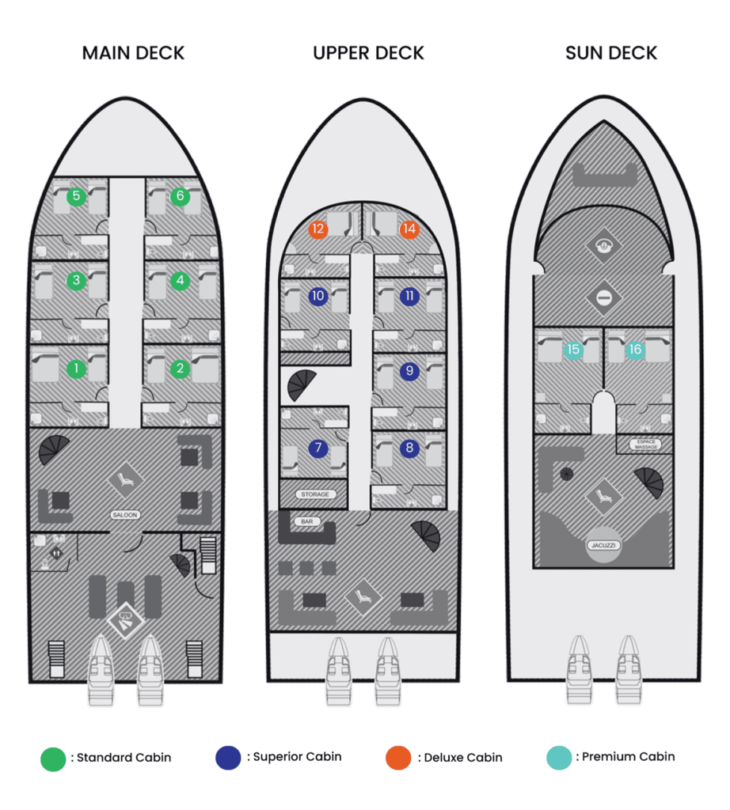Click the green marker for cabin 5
(76, 196)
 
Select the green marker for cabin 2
(180, 368)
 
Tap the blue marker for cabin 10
(318, 297)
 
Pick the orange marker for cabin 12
(318, 230)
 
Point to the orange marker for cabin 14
(409, 230)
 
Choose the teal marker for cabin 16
(634, 349)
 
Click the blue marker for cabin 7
(318, 449)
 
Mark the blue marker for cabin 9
(409, 369)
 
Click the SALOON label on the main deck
(125, 515)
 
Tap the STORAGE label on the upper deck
(314, 494)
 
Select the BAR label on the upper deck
(305, 522)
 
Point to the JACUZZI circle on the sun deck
(603, 545)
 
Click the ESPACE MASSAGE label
(644, 445)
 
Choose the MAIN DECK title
(133, 54)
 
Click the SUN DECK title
(611, 54)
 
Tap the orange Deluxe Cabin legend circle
(398, 757)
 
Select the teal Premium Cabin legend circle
(559, 757)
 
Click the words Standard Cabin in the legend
(124, 758)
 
